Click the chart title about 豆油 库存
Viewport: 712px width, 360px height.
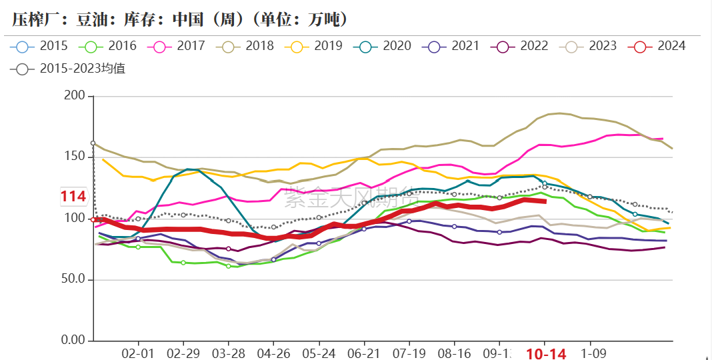pyautogui.click(x=180, y=19)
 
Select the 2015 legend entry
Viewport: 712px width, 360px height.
pyautogui.click(x=40, y=46)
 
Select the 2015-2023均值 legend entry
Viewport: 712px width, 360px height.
pyautogui.click(x=69, y=68)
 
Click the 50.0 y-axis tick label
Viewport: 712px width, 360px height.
pyautogui.click(x=74, y=279)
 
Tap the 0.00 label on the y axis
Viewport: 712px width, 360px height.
pyautogui.click(x=74, y=341)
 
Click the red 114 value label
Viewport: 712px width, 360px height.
pyautogui.click(x=73, y=196)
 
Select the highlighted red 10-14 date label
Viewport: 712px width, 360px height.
pyautogui.click(x=546, y=354)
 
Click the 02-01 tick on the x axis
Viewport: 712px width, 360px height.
pyautogui.click(x=138, y=353)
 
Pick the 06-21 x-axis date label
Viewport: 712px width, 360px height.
pyautogui.click(x=364, y=353)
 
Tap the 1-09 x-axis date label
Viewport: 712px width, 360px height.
pyautogui.click(x=591, y=353)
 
